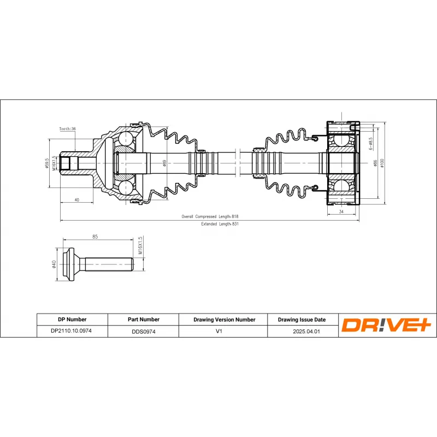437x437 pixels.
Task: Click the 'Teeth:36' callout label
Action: click(68, 129)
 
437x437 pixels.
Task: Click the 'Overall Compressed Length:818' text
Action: click(210, 217)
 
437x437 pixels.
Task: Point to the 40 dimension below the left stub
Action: click(76, 200)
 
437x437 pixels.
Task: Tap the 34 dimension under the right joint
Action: click(341, 211)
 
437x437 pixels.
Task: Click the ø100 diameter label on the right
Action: click(382, 163)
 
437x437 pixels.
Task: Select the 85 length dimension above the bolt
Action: click(95, 237)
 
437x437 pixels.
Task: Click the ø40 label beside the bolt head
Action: click(54, 264)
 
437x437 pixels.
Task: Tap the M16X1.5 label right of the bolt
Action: click(140, 246)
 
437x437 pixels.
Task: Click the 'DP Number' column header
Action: click(72, 320)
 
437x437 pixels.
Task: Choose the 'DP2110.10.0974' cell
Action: click(72, 331)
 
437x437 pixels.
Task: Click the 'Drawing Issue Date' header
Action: click(302, 320)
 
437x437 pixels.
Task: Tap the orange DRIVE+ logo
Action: click(386, 326)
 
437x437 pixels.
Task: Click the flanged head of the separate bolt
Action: click(72, 265)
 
